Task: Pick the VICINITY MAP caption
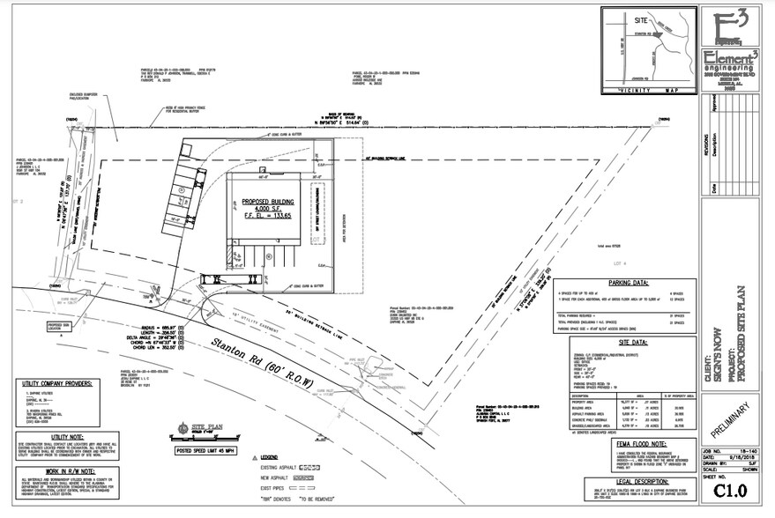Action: tap(650, 90)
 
